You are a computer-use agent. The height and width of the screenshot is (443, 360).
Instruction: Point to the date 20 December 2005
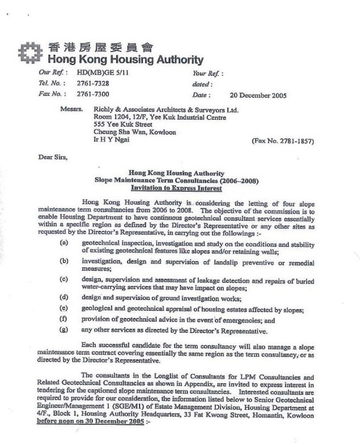[x=259, y=95]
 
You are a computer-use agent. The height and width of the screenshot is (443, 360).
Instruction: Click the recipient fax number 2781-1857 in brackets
[x=283, y=141]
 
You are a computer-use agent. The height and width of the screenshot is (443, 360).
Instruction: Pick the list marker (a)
[x=64, y=242]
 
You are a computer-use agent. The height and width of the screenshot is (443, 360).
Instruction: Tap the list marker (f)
[x=64, y=320]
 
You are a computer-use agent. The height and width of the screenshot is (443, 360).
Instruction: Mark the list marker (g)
[x=64, y=331]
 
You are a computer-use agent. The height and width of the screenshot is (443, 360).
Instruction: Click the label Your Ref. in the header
[x=206, y=74]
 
